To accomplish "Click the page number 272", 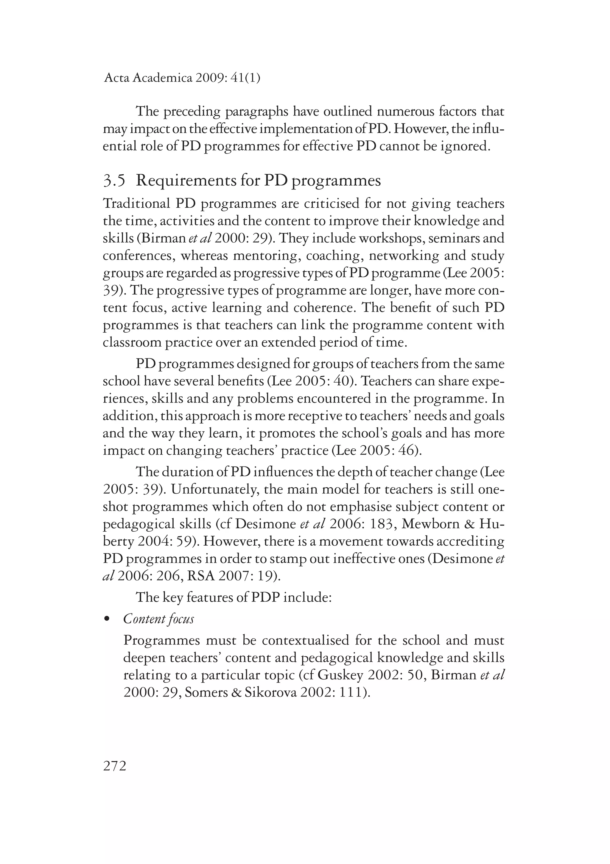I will click(115, 766).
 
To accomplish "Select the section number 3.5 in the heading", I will click(114, 181).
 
